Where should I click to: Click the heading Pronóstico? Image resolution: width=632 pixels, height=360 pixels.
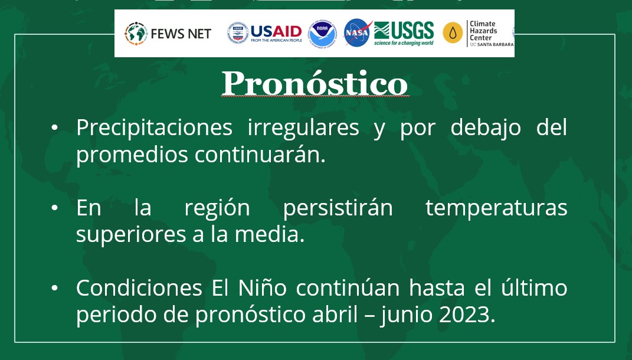315,84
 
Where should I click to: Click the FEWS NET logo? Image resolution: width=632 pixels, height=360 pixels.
168,34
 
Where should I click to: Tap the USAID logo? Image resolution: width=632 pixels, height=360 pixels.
265,33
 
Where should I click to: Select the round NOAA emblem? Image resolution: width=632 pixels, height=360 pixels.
322,33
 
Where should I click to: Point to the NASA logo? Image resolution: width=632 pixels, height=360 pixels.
357,33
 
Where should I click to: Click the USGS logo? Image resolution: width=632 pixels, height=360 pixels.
404,33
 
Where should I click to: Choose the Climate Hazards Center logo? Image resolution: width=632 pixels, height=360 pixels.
477,34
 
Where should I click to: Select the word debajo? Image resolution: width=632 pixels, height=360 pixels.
486,128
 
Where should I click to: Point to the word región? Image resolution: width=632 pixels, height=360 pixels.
217,208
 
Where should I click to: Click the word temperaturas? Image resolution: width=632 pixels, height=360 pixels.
496,208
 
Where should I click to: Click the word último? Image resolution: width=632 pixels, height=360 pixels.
533,289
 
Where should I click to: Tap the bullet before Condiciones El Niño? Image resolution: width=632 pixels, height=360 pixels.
55,289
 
